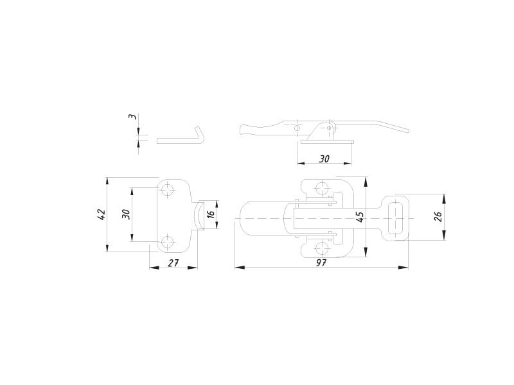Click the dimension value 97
(321, 262)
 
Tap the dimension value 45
(360, 217)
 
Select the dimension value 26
(438, 217)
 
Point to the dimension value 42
(102, 214)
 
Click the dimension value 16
(211, 214)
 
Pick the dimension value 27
(173, 262)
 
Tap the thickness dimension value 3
(132, 117)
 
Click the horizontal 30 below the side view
(324, 158)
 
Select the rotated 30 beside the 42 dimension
(126, 214)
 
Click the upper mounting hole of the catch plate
(168, 189)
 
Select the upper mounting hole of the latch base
(322, 188)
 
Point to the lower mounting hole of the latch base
(322, 248)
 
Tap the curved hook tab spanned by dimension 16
(199, 216)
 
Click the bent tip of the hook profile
(198, 128)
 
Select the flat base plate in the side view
(327, 142)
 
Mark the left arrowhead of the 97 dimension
(240, 268)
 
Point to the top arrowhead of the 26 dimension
(444, 199)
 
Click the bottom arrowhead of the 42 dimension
(107, 247)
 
